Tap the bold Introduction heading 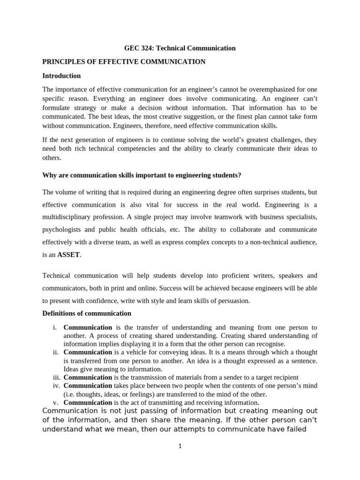(x=61, y=75)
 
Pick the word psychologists (x=61, y=230)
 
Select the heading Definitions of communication (x=87, y=313)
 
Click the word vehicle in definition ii (x=134, y=352)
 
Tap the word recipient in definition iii (x=284, y=377)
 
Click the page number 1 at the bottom (x=180, y=446)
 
